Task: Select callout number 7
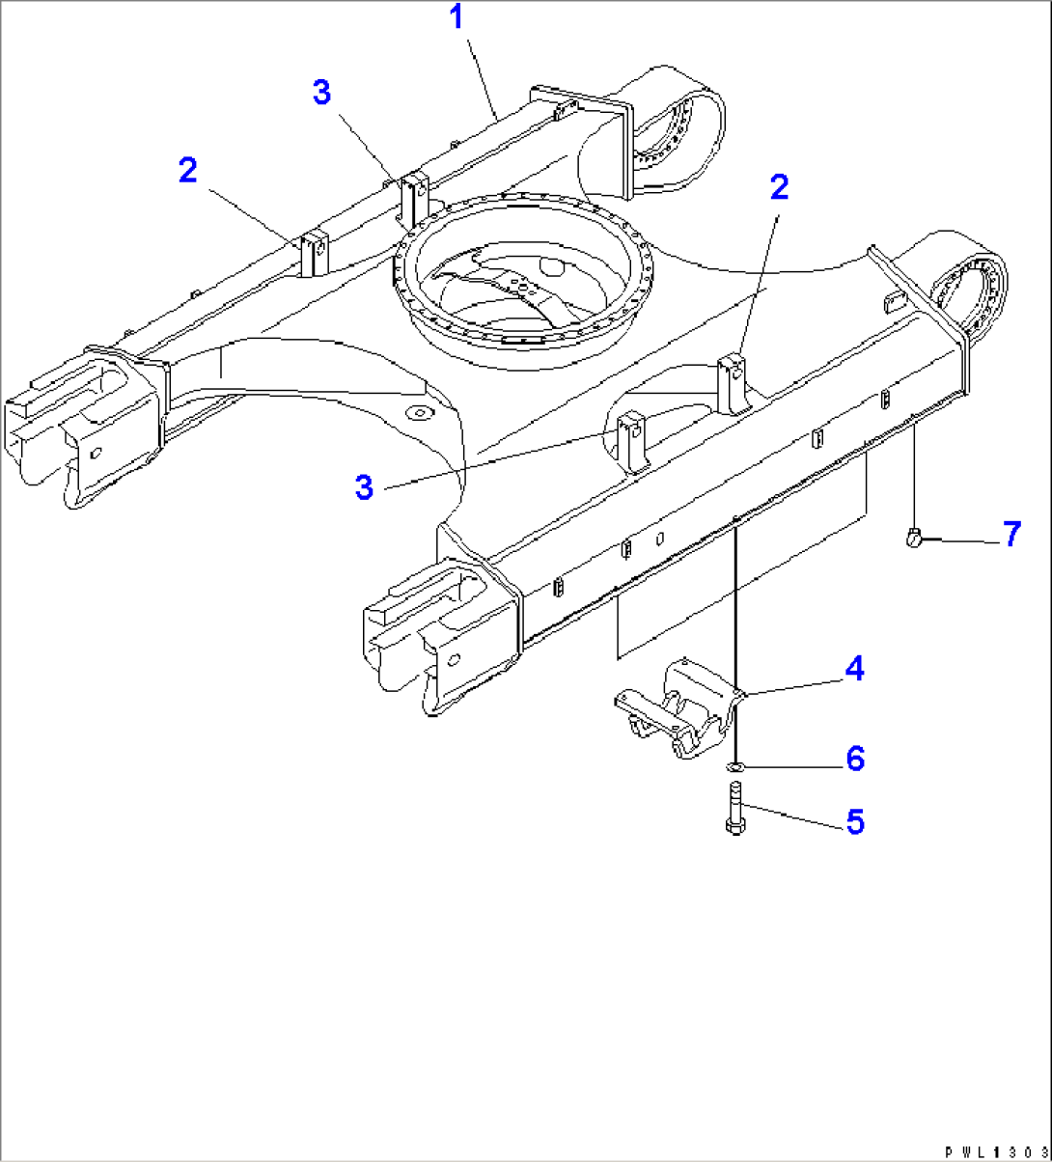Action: point(1010,533)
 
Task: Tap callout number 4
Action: point(854,667)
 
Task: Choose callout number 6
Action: point(854,759)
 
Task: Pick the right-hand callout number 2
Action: point(778,187)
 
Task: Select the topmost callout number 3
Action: point(321,93)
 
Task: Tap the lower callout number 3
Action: point(364,487)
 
